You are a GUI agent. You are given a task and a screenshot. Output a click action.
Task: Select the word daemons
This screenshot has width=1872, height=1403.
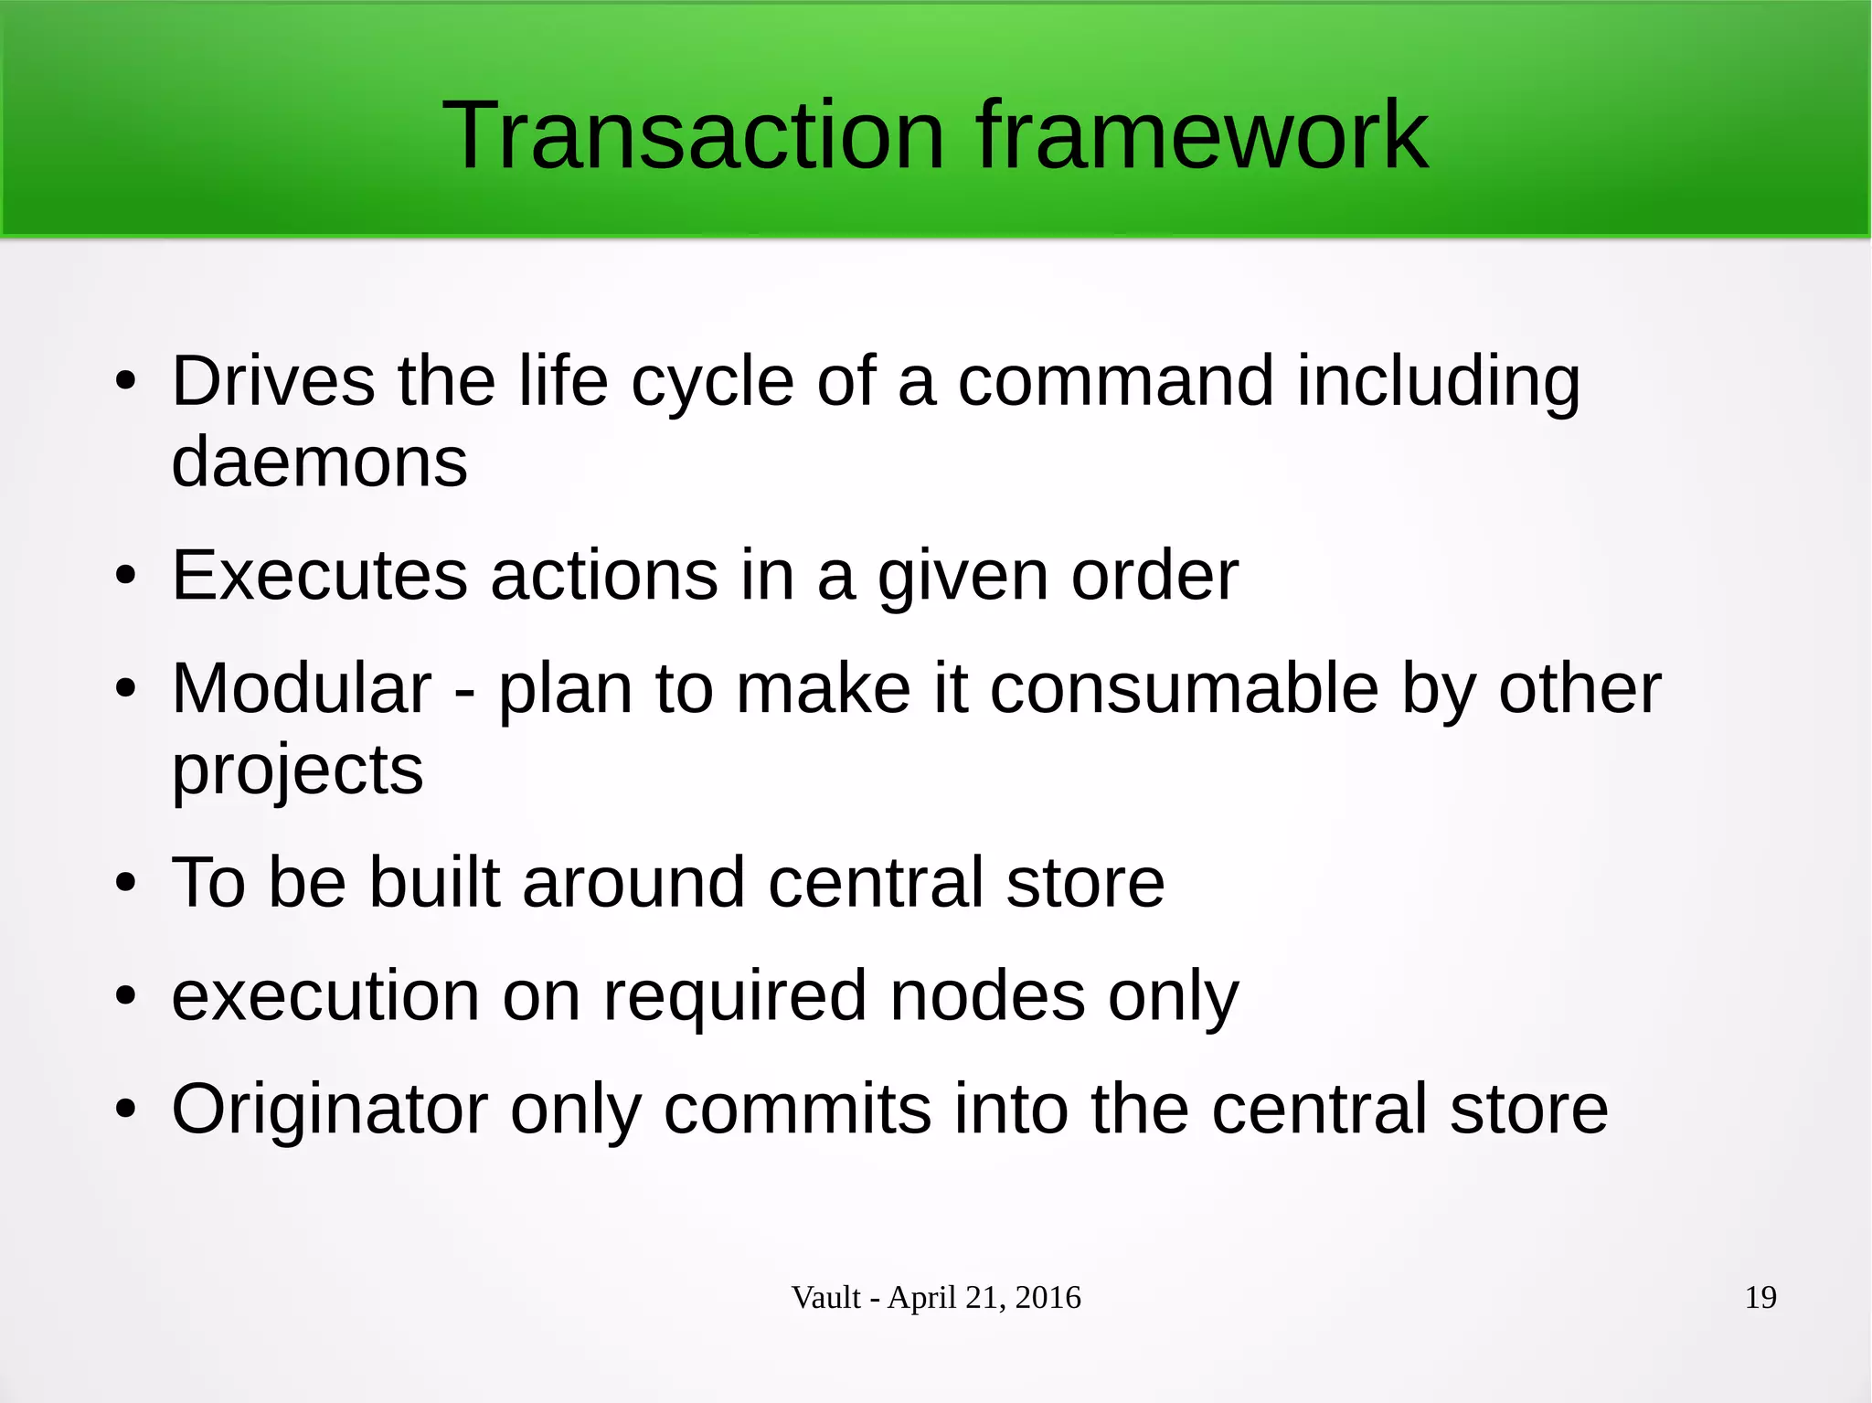(x=319, y=462)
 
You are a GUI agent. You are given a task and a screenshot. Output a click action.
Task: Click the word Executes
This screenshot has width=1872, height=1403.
(x=320, y=575)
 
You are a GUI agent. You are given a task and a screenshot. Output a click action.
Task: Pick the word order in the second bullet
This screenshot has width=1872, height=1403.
(x=1154, y=575)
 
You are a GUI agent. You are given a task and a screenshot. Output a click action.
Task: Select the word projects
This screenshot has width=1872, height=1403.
(x=297, y=770)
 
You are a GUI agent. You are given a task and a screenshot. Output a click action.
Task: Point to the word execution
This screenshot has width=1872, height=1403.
(x=325, y=995)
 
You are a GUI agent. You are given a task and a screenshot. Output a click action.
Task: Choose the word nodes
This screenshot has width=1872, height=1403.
(x=987, y=995)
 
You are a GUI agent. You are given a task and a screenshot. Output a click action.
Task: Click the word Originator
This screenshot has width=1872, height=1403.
(x=329, y=1109)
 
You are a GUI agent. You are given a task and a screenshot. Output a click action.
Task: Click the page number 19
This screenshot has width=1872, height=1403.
(x=1760, y=1297)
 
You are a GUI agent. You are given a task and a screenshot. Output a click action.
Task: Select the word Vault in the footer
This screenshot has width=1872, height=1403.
(x=825, y=1297)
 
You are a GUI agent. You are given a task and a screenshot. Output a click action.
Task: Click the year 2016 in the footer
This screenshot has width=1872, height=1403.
(x=1048, y=1297)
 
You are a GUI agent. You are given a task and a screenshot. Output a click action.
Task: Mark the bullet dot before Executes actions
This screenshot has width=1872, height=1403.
(x=125, y=577)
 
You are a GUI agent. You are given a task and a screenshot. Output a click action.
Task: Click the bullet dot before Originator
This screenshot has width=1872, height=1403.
(x=125, y=1110)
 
